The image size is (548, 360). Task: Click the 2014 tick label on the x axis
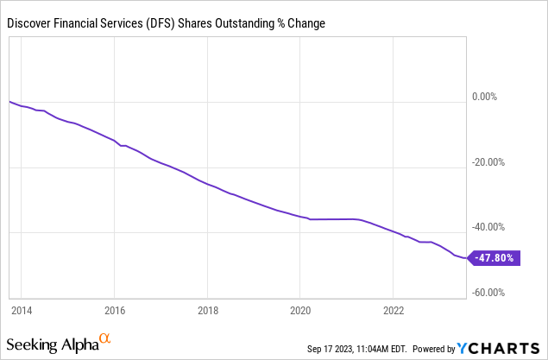tap(22, 311)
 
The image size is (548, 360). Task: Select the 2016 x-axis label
tap(115, 311)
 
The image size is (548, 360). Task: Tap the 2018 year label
tap(208, 311)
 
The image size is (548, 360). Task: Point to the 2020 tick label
tap(300, 311)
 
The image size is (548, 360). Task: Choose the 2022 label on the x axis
tap(394, 311)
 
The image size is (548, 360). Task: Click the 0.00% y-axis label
tap(484, 97)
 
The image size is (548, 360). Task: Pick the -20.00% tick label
tap(488, 162)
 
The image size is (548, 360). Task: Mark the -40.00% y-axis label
tap(488, 227)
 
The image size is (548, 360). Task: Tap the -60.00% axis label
tap(488, 292)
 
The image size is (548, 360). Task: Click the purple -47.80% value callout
tap(494, 258)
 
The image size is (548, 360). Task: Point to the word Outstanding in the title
tap(244, 23)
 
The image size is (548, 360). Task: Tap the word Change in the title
tap(306, 23)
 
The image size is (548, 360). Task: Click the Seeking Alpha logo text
tap(53, 344)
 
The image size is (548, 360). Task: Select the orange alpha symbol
tap(104, 338)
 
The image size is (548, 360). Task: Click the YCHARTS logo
tap(498, 349)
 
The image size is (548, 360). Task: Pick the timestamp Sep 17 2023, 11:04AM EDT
tap(356, 349)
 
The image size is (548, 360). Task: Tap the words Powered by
tap(434, 349)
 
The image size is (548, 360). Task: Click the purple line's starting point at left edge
tap(9, 101)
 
